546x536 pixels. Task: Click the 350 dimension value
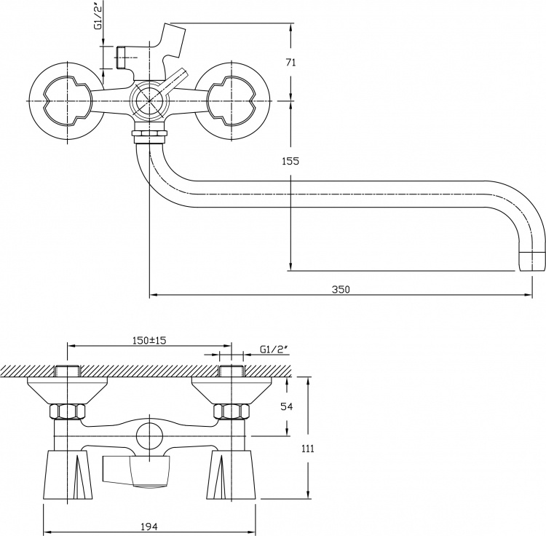click(x=341, y=289)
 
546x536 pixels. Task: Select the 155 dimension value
click(x=290, y=161)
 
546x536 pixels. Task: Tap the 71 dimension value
click(x=290, y=63)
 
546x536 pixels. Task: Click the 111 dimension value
click(x=307, y=449)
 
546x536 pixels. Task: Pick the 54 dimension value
click(x=287, y=406)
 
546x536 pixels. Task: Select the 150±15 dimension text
click(x=149, y=340)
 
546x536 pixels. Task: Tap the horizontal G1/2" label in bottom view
click(x=274, y=350)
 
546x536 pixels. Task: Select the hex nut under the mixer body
click(x=149, y=133)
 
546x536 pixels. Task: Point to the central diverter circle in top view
click(x=149, y=100)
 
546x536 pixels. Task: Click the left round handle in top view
click(x=67, y=101)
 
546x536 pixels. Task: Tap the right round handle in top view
click(x=232, y=101)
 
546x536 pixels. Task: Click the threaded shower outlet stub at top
click(x=121, y=57)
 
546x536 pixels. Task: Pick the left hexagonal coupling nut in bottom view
click(x=67, y=411)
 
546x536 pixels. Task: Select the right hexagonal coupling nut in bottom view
click(x=232, y=411)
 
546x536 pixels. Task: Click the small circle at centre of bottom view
click(x=149, y=435)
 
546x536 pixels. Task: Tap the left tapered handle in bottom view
click(x=66, y=473)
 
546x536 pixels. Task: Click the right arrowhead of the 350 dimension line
click(x=529, y=295)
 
